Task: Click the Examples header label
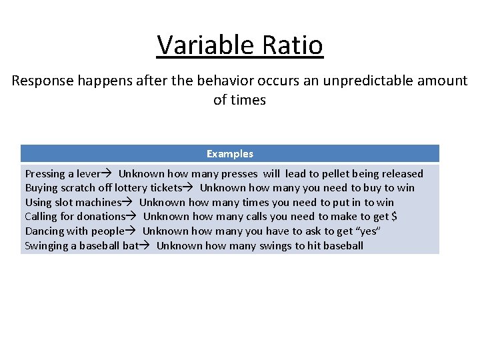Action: click(x=230, y=154)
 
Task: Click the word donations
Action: click(x=100, y=217)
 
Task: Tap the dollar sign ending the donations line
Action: click(x=394, y=217)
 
